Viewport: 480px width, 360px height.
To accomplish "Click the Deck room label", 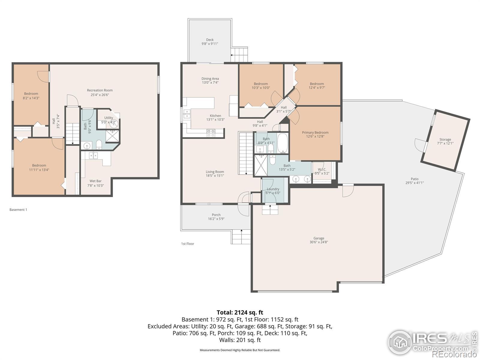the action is [x=210, y=40].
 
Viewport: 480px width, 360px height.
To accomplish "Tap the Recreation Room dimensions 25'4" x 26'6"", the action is [x=100, y=95].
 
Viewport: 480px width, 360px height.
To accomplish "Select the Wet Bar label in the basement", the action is [x=96, y=181].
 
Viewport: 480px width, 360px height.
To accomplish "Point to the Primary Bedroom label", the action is [x=315, y=133].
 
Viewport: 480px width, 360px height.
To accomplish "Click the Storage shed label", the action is [x=445, y=139].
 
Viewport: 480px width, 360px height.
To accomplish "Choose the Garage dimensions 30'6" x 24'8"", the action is [x=319, y=242].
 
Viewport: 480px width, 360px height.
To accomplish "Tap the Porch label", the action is [x=216, y=215].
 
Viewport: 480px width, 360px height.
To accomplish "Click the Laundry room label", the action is [x=273, y=189].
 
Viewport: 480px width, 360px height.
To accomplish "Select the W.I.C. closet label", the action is [x=322, y=169].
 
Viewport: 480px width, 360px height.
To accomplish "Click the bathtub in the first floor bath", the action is [x=283, y=143].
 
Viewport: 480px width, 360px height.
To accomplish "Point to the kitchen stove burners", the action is [x=211, y=133].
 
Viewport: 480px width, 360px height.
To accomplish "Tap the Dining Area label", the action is [x=210, y=79].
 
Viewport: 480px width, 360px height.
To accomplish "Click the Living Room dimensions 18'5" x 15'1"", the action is [x=215, y=175].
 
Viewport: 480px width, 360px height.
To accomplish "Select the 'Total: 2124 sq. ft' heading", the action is [x=240, y=312].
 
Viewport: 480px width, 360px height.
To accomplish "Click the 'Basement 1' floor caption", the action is [x=18, y=210].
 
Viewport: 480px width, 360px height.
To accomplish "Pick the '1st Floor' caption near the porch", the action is [x=187, y=244].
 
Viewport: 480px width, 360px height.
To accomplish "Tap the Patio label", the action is [x=414, y=179].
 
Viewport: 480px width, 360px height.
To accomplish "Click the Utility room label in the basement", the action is [x=109, y=118].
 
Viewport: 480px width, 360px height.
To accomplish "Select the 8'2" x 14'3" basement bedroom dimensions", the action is [x=31, y=98].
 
